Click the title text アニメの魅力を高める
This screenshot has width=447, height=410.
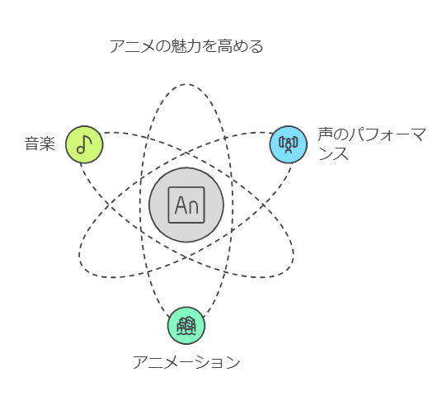tap(186, 46)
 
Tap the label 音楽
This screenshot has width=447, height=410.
tap(40, 144)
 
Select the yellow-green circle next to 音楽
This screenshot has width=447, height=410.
tap(84, 144)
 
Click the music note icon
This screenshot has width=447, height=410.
tap(84, 144)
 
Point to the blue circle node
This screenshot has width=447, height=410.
tap(289, 144)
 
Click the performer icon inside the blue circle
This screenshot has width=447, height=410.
tap(289, 144)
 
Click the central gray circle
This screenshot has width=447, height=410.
tap(186, 205)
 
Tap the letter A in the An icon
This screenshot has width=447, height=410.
tap(181, 205)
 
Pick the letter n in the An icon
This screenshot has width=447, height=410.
tap(193, 207)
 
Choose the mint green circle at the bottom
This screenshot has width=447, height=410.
tap(186, 325)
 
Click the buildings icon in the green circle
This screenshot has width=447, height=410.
tap(186, 325)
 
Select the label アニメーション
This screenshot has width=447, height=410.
tap(186, 362)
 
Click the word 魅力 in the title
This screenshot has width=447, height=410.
tap(186, 46)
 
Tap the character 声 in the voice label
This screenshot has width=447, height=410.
tap(325, 134)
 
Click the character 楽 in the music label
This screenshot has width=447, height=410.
tap(47, 144)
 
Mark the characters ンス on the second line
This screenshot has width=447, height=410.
tap(333, 154)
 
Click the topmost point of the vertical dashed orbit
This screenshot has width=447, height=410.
tap(186, 84)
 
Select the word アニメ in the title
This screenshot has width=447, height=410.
tap(132, 46)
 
